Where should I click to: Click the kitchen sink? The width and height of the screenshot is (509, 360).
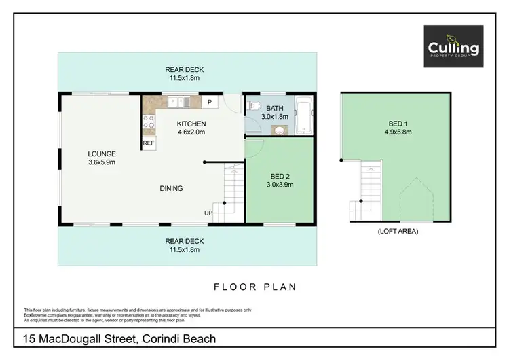[x=178, y=102]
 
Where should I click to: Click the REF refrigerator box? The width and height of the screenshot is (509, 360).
[x=148, y=143]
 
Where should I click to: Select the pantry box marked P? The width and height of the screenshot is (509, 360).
[x=210, y=102]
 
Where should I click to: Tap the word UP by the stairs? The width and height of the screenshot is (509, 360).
[x=208, y=213]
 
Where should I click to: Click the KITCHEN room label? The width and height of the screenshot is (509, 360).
[x=191, y=124]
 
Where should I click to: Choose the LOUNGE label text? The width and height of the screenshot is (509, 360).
[x=101, y=154]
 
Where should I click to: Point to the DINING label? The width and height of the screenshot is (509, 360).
[x=171, y=188]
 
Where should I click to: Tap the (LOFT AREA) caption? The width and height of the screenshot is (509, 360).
[x=398, y=232]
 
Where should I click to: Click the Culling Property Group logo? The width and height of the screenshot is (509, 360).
[x=453, y=46]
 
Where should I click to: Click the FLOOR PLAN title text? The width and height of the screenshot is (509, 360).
[x=254, y=287]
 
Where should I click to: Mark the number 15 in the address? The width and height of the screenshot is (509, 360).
[x=30, y=338]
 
